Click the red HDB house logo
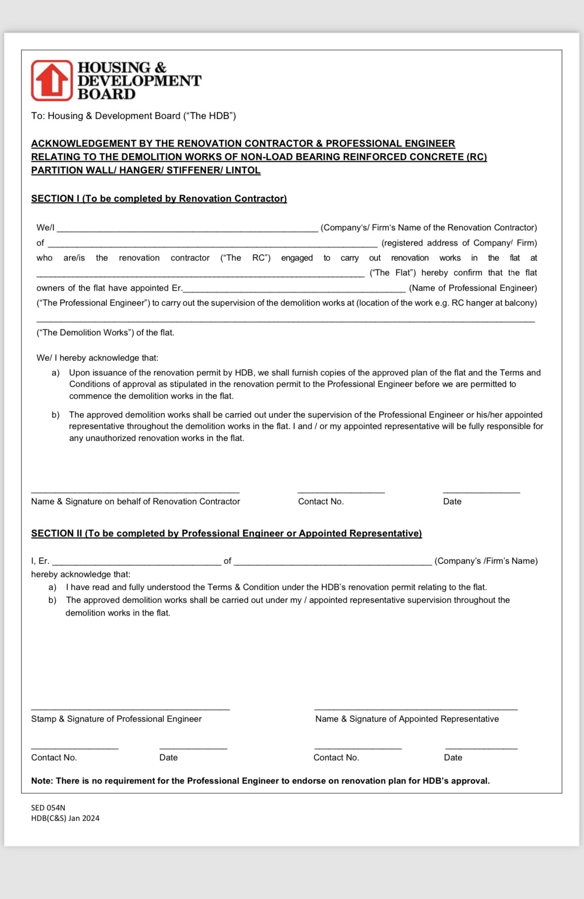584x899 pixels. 52,80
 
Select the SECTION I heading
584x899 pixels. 159,199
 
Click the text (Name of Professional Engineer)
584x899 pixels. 473,288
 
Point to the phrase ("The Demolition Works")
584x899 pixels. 85,333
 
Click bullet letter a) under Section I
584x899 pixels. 55,373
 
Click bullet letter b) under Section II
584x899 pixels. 53,600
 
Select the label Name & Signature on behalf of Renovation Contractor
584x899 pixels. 135,502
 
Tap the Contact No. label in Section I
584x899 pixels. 320,502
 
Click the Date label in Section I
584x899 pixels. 452,502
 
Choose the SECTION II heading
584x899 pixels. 226,533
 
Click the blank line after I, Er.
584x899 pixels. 136,562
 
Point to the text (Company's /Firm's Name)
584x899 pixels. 486,561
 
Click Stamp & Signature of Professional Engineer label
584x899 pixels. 116,719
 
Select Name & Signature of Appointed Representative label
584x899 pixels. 407,719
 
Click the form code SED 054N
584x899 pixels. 48,808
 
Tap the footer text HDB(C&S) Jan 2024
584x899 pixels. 65,818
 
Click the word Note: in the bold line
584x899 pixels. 42,781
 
